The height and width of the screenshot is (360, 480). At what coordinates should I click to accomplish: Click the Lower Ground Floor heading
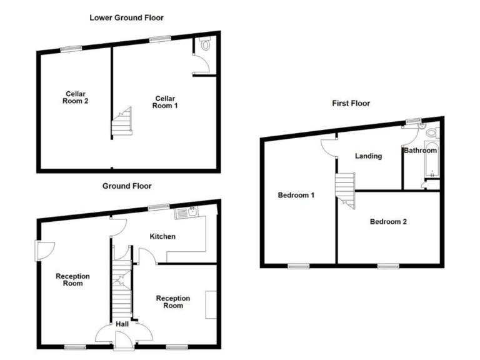(x=126, y=17)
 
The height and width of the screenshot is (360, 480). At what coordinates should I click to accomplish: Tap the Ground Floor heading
(x=127, y=186)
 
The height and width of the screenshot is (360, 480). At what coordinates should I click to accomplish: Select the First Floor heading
(x=351, y=103)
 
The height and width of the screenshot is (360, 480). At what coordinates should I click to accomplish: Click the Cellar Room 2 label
(x=76, y=97)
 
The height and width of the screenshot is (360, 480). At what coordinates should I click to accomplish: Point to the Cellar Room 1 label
(x=165, y=102)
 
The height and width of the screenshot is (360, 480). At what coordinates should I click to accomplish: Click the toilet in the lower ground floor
(x=206, y=44)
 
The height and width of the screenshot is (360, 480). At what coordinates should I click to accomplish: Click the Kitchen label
(x=162, y=236)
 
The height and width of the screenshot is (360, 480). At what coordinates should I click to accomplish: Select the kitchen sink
(x=187, y=213)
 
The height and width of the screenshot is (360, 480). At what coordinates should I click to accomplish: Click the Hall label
(x=122, y=324)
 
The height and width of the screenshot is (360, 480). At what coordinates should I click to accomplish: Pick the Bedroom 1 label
(x=296, y=195)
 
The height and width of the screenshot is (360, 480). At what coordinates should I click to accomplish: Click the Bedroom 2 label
(x=388, y=221)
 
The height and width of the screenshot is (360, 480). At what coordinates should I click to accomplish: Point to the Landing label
(x=368, y=156)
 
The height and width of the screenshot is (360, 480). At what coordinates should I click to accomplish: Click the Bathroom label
(x=420, y=151)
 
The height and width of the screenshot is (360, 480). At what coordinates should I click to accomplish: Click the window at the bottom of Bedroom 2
(x=388, y=266)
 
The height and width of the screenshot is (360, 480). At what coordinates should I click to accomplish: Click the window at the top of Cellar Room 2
(x=71, y=49)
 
